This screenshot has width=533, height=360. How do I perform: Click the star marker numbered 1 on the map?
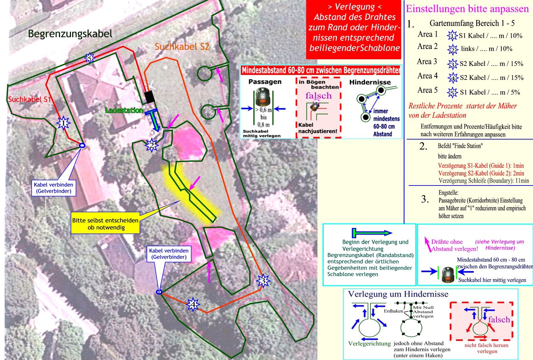coord(63,124)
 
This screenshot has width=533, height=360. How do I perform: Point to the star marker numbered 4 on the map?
coord(193,304)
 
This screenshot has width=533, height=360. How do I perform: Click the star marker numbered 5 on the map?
coord(89,58)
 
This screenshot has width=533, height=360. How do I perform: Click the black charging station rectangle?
coord(150,97)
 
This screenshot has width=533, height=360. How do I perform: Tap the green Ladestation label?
coord(124,110)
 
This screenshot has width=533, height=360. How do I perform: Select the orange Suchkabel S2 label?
coord(182,47)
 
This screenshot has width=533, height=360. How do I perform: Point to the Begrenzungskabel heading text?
coord(70,34)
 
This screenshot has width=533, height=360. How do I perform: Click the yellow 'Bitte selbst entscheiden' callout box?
coord(106,224)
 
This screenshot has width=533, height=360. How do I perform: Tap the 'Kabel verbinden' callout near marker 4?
coord(169,254)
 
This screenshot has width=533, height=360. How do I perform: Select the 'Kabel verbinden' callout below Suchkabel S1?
coord(53,188)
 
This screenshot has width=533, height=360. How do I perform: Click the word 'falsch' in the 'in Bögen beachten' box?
coord(318,96)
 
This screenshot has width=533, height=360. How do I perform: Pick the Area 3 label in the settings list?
coord(427,62)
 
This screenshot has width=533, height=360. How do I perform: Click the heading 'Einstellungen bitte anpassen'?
coord(467,9)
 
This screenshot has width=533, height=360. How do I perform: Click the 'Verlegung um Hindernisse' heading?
coord(398,294)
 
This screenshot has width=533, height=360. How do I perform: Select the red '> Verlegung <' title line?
coord(354,7)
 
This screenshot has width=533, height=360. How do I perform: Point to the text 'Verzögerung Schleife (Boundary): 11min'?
coord(484,181)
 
